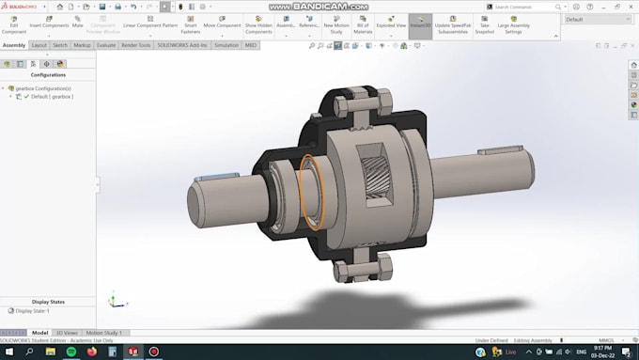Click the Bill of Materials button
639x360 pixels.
point(363,23)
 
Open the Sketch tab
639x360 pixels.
point(60,44)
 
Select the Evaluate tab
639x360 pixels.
point(106,44)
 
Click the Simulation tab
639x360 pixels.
point(226,44)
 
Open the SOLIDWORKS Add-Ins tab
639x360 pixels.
point(182,44)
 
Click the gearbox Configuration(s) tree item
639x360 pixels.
point(43,88)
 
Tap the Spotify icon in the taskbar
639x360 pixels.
point(70,352)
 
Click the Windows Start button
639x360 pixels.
point(8,352)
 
